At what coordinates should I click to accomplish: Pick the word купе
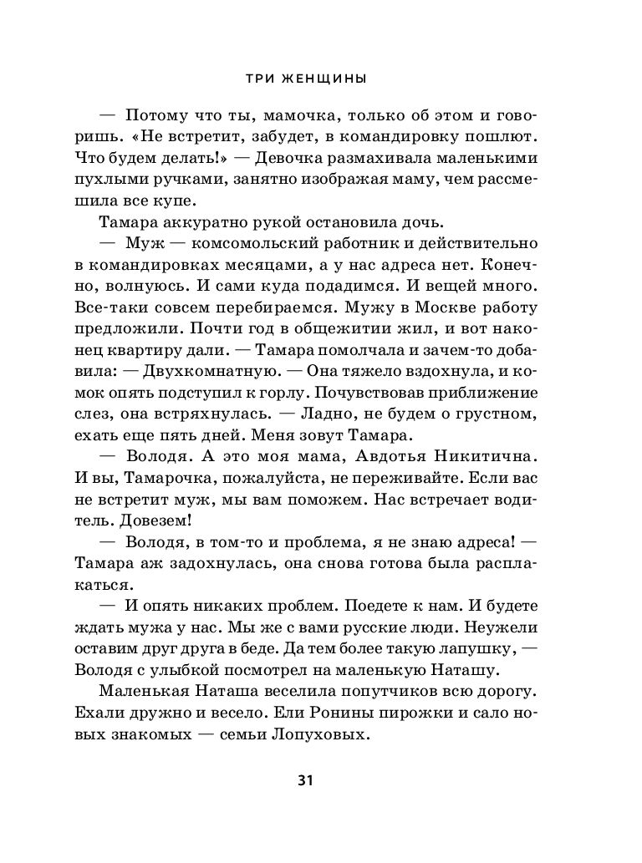tap(178, 201)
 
